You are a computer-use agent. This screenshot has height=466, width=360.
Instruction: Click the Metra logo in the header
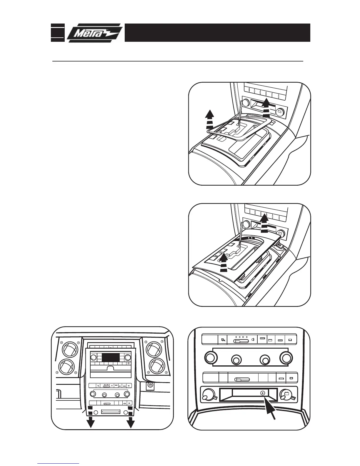[x=94, y=33]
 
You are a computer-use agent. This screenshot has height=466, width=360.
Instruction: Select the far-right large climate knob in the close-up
[x=286, y=358]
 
